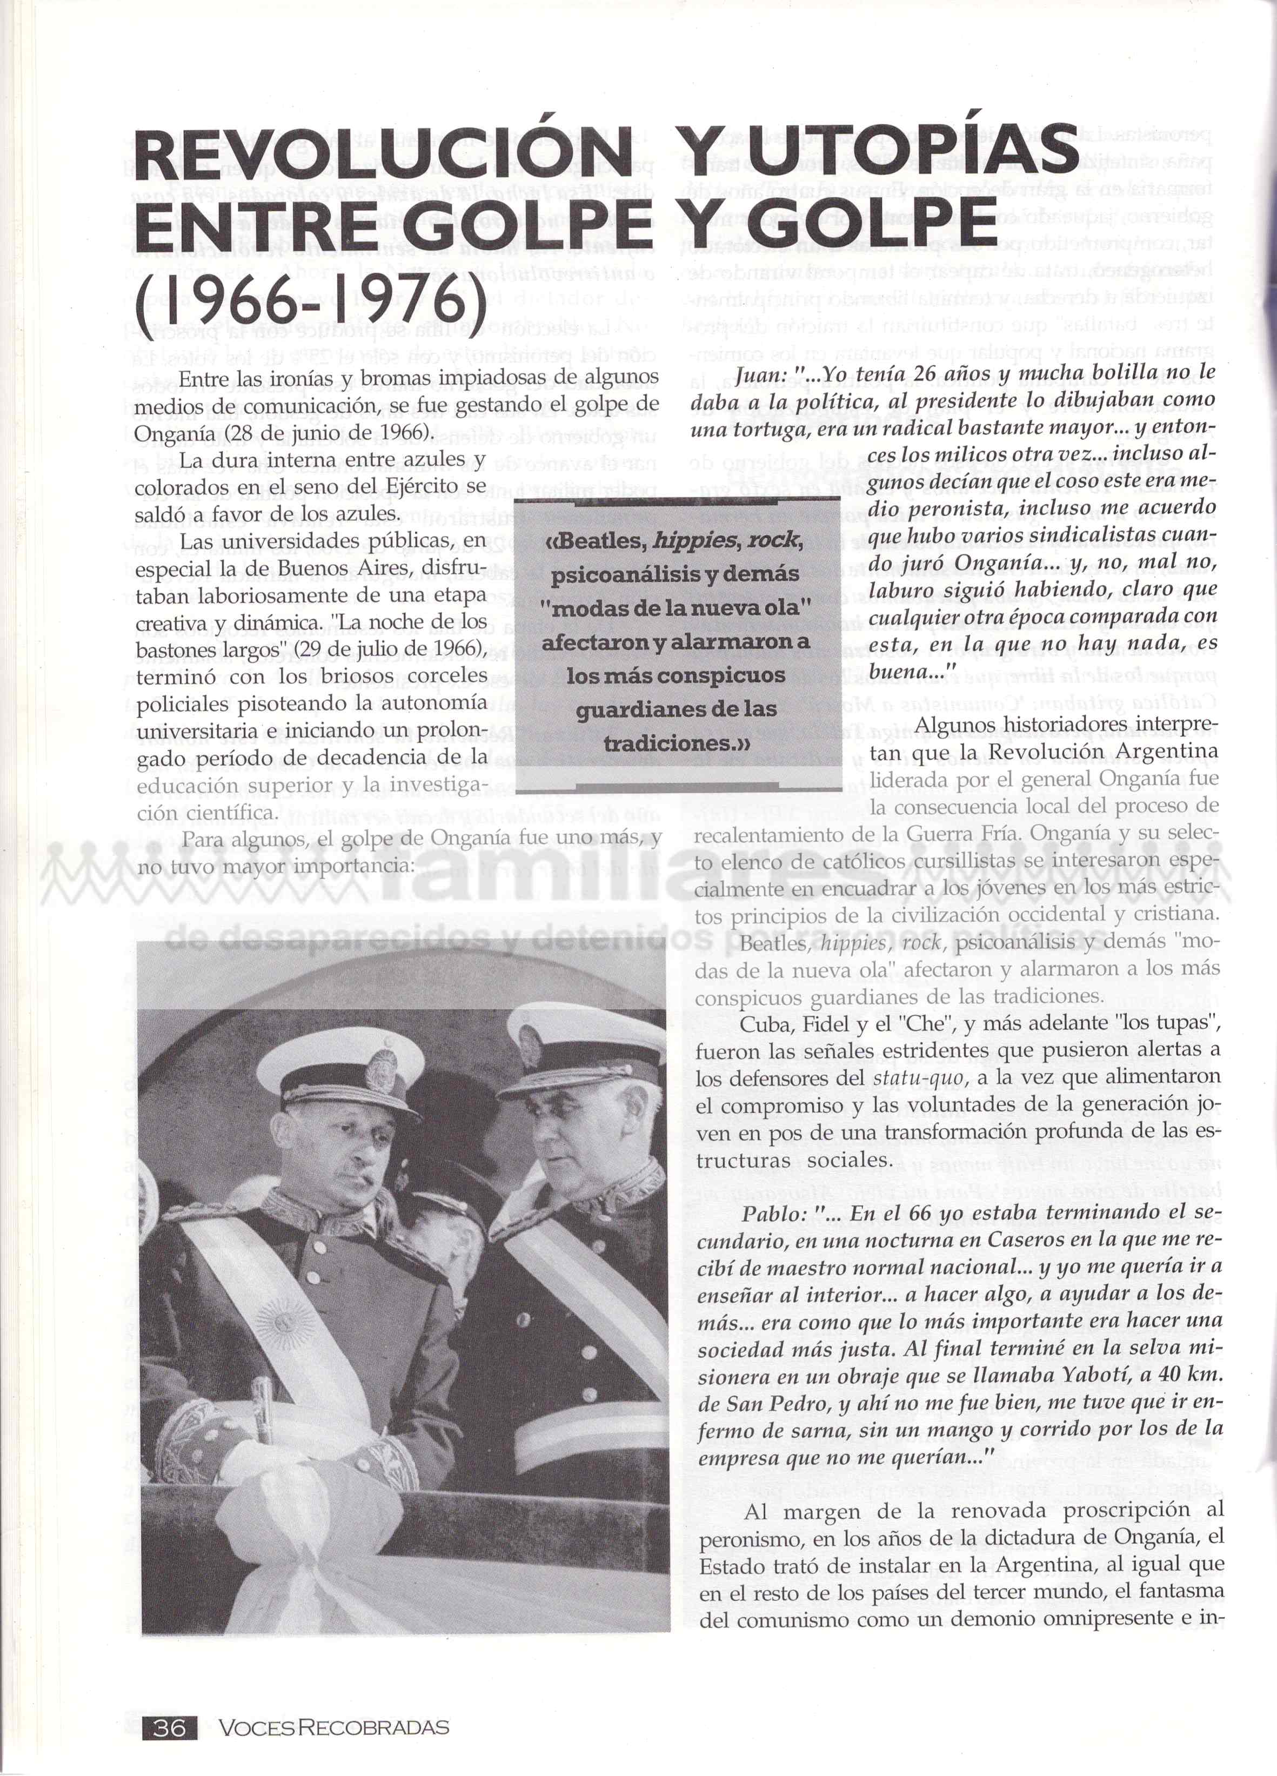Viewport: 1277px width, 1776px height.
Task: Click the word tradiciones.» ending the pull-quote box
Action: pyautogui.click(x=677, y=744)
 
